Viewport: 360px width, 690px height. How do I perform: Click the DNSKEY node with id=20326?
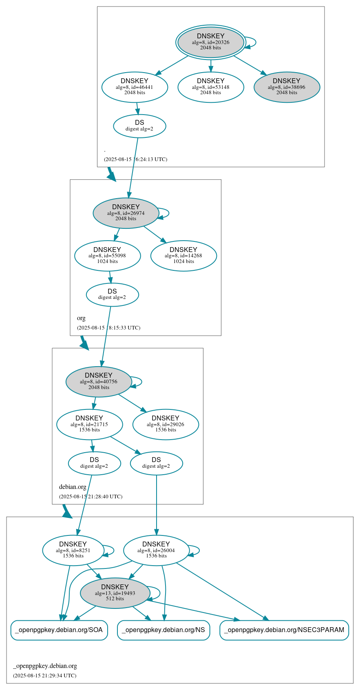click(x=211, y=42)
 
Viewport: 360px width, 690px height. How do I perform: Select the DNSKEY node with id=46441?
click(x=135, y=87)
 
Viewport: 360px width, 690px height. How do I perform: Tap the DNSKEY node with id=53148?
click(x=211, y=87)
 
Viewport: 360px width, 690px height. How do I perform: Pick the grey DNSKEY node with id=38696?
click(x=287, y=87)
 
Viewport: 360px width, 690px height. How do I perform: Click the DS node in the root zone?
click(x=139, y=126)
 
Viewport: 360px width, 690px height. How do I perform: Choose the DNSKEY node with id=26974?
click(x=126, y=213)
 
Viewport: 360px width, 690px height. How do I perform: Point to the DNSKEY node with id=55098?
click(x=107, y=256)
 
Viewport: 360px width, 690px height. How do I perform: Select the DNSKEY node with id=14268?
click(x=183, y=256)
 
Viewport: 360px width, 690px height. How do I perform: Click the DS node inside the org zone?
click(x=112, y=294)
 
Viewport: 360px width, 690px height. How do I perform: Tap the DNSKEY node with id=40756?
click(x=99, y=381)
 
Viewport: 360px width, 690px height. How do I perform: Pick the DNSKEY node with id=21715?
click(x=89, y=424)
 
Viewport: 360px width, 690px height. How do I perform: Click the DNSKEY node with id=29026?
click(x=166, y=424)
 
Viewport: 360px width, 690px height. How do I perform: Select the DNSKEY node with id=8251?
click(x=73, y=550)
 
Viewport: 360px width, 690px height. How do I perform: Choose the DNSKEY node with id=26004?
click(x=156, y=550)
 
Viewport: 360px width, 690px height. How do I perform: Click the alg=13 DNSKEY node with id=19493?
click(x=115, y=593)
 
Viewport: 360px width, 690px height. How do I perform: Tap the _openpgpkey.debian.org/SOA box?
click(x=59, y=630)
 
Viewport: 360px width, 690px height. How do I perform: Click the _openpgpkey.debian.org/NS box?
click(x=163, y=630)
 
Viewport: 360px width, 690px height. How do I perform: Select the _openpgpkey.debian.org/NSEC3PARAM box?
click(x=284, y=630)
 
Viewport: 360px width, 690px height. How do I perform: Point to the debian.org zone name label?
click(x=73, y=487)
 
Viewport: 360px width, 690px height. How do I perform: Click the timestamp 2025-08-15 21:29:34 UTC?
click(x=44, y=675)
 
